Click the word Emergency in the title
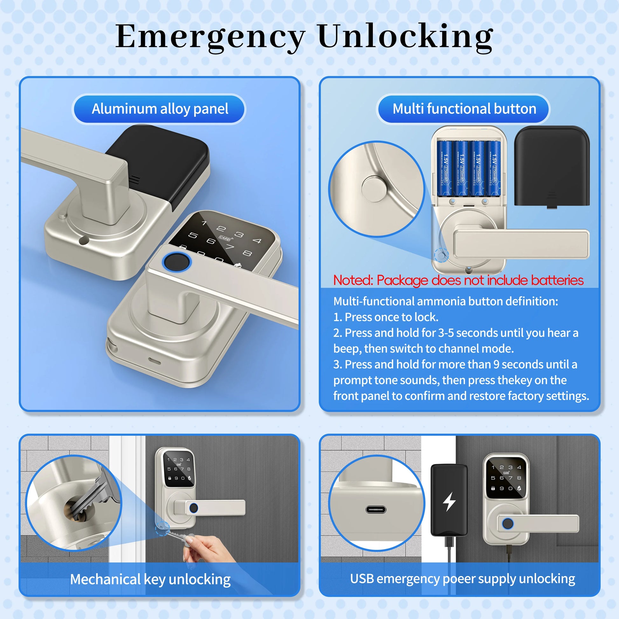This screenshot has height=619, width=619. tap(210, 37)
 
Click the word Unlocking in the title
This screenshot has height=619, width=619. tap(405, 37)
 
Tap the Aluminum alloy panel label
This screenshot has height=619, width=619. tap(160, 109)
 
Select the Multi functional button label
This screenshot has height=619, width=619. tap(464, 109)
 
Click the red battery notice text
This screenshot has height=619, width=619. tap(458, 280)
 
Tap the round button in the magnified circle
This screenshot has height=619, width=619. tap(374, 189)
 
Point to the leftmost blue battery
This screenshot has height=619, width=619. tap(445, 168)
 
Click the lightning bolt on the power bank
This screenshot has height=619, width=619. tap(449, 501)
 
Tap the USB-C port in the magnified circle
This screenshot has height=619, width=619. tap(376, 510)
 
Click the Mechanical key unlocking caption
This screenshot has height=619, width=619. tap(150, 579)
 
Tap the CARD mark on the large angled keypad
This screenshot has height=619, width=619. tap(225, 238)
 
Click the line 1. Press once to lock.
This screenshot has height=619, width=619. tap(386, 317)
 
